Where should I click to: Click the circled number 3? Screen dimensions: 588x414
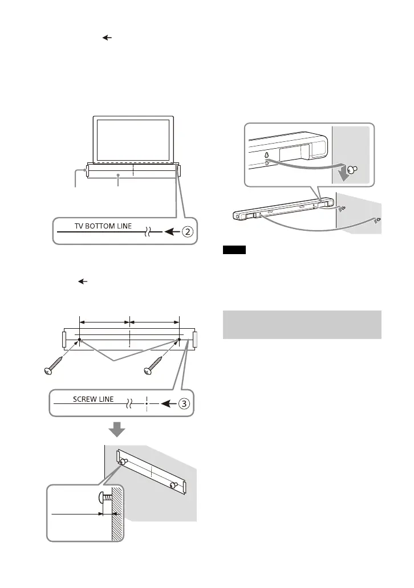click(x=183, y=403)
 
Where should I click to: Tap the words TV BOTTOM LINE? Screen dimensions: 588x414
click(x=103, y=226)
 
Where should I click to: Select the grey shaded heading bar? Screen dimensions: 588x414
click(x=301, y=323)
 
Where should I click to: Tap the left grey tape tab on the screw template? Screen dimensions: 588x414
click(x=63, y=339)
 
